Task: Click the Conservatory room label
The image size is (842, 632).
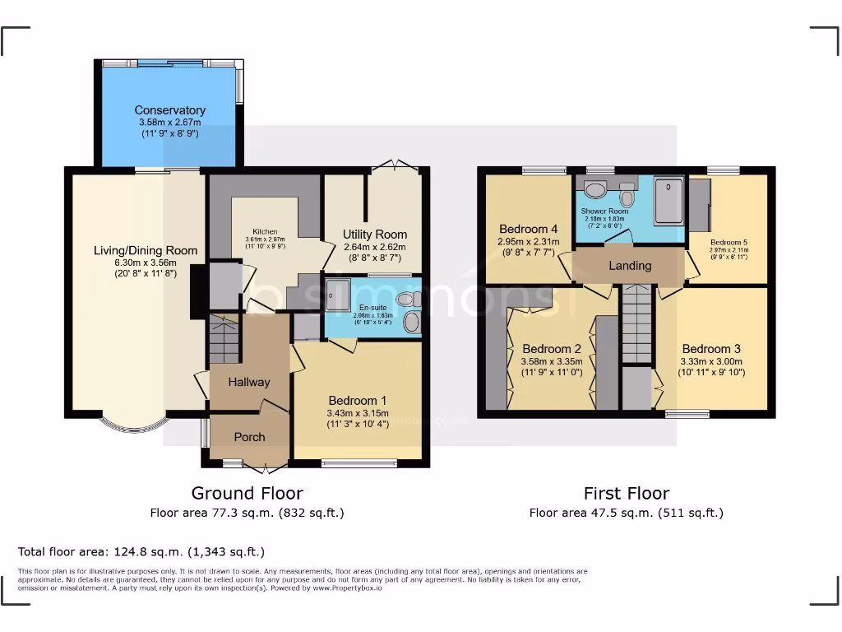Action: [x=169, y=110]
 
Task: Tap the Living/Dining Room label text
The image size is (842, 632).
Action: [x=145, y=251]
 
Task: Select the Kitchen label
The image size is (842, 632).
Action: [x=265, y=232]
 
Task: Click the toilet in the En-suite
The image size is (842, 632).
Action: [x=411, y=322]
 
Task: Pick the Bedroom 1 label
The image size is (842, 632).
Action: [x=357, y=401]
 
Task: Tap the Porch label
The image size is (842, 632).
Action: [x=249, y=437]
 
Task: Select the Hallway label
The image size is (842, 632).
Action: [x=249, y=382]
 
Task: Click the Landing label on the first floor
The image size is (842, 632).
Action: [x=630, y=266]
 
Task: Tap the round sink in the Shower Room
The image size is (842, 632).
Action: [x=595, y=191]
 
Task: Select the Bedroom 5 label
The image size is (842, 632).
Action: [x=729, y=242]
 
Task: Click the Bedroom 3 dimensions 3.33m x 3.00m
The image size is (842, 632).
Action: [x=711, y=361]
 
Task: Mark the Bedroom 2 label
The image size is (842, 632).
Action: [x=551, y=348]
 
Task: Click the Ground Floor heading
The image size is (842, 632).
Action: [x=247, y=493]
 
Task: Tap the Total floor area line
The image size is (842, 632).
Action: [x=141, y=551]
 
